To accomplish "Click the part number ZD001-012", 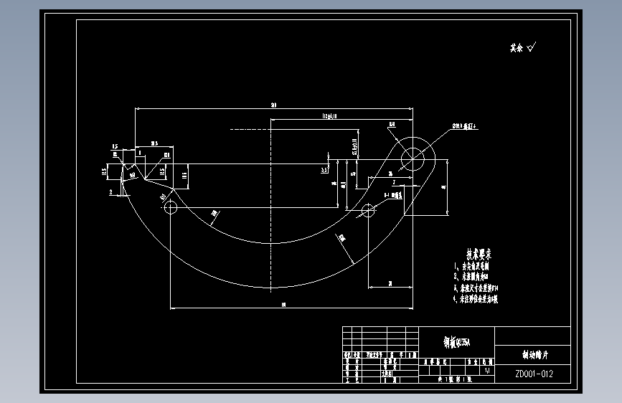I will click(533, 374).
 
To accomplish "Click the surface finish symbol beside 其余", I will click(532, 48).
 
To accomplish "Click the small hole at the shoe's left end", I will click(171, 208).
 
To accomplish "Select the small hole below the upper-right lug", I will click(368, 210).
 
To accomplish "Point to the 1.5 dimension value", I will click(114, 147).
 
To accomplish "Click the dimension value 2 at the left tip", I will click(110, 192).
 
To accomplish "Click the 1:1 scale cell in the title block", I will click(488, 371).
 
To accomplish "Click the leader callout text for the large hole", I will click(464, 126).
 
